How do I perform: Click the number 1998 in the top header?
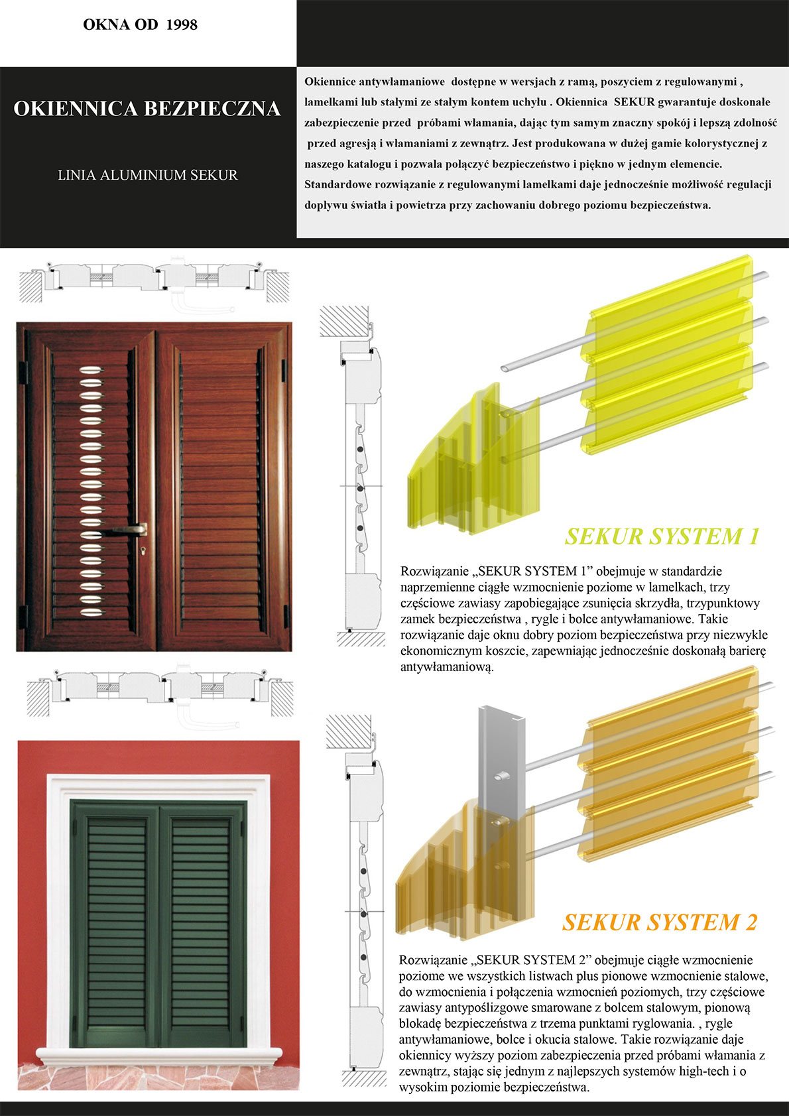[x=182, y=25]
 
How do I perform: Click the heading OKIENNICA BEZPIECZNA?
[x=147, y=109]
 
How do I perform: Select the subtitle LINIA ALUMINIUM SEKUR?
[x=147, y=175]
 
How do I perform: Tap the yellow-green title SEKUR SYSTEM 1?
[x=661, y=536]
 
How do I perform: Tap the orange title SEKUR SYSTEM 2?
[x=659, y=922]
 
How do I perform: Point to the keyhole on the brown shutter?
[x=143, y=550]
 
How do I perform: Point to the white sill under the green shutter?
[x=159, y=1054]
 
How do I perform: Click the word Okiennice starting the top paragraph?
[x=331, y=82]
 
